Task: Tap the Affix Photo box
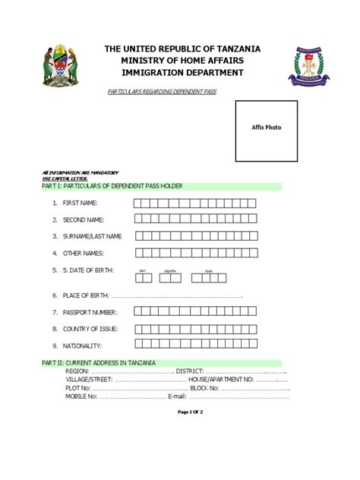(x=266, y=128)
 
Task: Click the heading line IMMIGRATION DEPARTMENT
(x=183, y=73)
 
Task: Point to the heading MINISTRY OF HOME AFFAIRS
(x=183, y=61)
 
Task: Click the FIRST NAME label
(x=80, y=204)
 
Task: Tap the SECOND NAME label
(x=83, y=219)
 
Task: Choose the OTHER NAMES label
(x=83, y=253)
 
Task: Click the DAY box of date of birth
(x=144, y=278)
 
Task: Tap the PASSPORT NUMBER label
(x=90, y=312)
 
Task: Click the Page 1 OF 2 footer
(x=191, y=412)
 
